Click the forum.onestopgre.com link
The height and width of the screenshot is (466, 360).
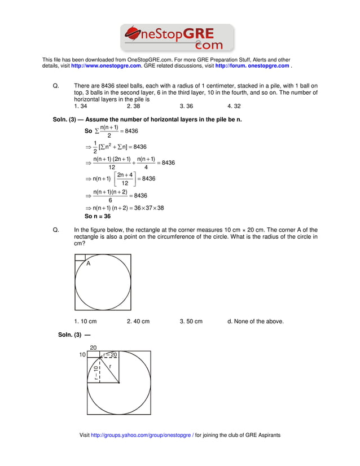[252, 66]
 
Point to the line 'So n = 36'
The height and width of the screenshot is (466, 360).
[98, 216]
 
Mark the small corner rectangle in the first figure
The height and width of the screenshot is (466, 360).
[80, 257]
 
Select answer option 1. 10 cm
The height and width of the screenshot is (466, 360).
[85, 322]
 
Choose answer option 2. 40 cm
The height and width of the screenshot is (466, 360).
[138, 322]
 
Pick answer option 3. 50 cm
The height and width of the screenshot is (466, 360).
[191, 322]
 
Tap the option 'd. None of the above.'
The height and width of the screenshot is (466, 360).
[256, 322]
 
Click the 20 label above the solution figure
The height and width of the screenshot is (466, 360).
[93, 348]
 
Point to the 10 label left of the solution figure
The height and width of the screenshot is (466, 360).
[82, 355]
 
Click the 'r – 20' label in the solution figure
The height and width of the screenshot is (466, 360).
[110, 355]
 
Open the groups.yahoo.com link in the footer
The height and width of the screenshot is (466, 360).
[142, 436]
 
